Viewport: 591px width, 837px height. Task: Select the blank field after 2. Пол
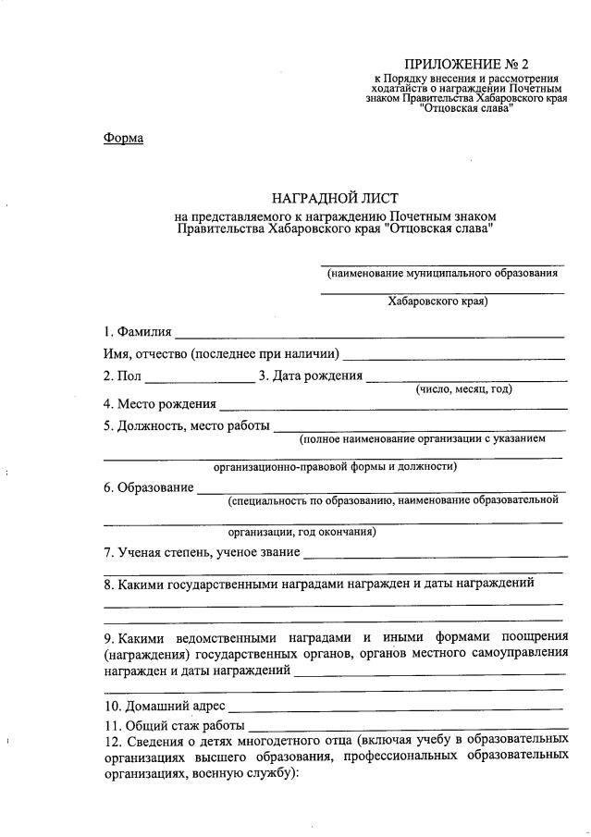tap(199, 379)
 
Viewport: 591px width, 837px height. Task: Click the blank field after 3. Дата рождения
tap(466, 379)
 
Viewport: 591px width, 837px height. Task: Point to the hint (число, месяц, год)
tap(463, 389)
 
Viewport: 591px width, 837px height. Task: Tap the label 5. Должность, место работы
tap(187, 426)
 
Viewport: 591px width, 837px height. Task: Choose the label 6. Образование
tap(148, 487)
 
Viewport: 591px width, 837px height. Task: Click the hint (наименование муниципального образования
tap(441, 274)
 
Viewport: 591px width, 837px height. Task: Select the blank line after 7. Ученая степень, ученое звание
tap(434, 555)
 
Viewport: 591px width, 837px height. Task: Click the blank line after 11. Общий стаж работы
tap(407, 727)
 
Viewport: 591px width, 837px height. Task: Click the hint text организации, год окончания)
tap(302, 532)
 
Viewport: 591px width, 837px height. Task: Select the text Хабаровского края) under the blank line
tap(437, 301)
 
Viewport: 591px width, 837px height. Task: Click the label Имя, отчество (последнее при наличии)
tap(221, 354)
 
